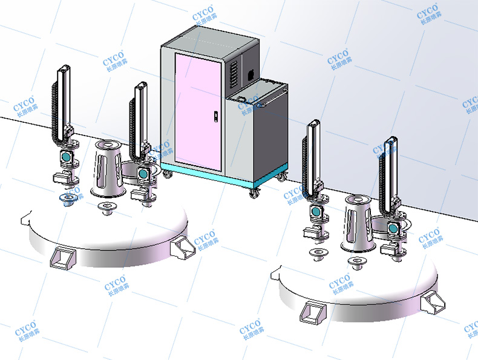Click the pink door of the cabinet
point(198,111)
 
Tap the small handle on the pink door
point(215,116)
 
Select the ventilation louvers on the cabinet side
point(233,74)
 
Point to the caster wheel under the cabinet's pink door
point(167,174)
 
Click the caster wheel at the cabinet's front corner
point(254,193)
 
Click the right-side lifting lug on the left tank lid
point(183,247)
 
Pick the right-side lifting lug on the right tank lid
point(433,303)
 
